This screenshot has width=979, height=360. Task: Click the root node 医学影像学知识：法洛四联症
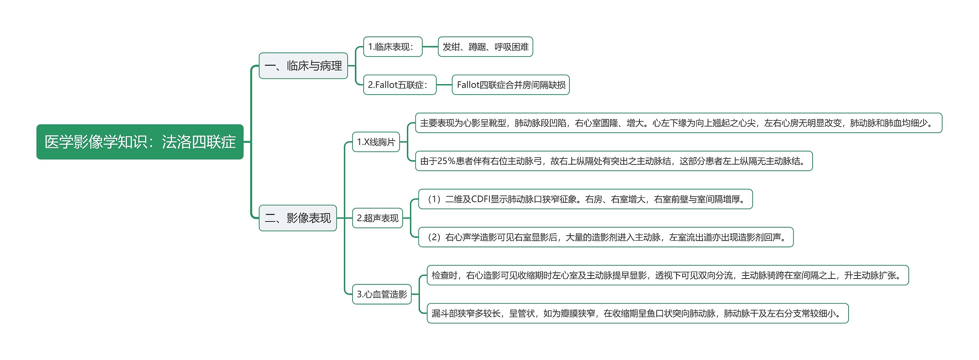click(x=140, y=142)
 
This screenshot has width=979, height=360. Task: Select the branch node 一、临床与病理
click(x=303, y=66)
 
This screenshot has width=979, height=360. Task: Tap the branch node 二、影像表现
click(x=298, y=218)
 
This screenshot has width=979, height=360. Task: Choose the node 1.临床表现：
click(x=392, y=47)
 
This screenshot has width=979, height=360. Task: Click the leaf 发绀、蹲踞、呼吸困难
click(x=485, y=47)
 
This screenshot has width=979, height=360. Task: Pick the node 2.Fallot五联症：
click(x=399, y=85)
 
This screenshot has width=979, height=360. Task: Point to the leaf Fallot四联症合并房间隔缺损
click(x=511, y=85)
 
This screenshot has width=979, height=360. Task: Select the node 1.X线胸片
click(x=376, y=142)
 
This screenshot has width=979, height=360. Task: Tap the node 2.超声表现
click(x=377, y=218)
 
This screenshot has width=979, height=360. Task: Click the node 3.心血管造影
click(x=382, y=294)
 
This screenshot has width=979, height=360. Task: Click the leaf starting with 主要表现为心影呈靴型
click(x=678, y=123)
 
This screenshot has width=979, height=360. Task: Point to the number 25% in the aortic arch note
click(x=446, y=161)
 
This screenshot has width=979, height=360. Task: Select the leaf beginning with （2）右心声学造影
click(x=606, y=237)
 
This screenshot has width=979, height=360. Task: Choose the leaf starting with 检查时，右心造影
click(x=667, y=275)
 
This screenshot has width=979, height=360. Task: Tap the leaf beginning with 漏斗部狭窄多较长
click(x=637, y=313)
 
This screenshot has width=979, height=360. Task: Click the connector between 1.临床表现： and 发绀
click(x=430, y=47)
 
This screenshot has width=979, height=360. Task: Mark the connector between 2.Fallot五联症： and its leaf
click(x=444, y=85)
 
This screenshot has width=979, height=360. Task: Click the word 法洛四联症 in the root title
click(x=198, y=142)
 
